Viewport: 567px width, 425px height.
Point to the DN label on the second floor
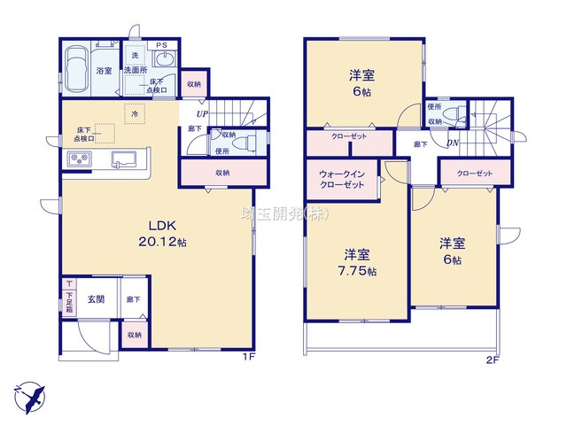coord(453,144)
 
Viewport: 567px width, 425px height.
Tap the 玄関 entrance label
coord(96,299)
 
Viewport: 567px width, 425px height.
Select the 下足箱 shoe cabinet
coord(69,294)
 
